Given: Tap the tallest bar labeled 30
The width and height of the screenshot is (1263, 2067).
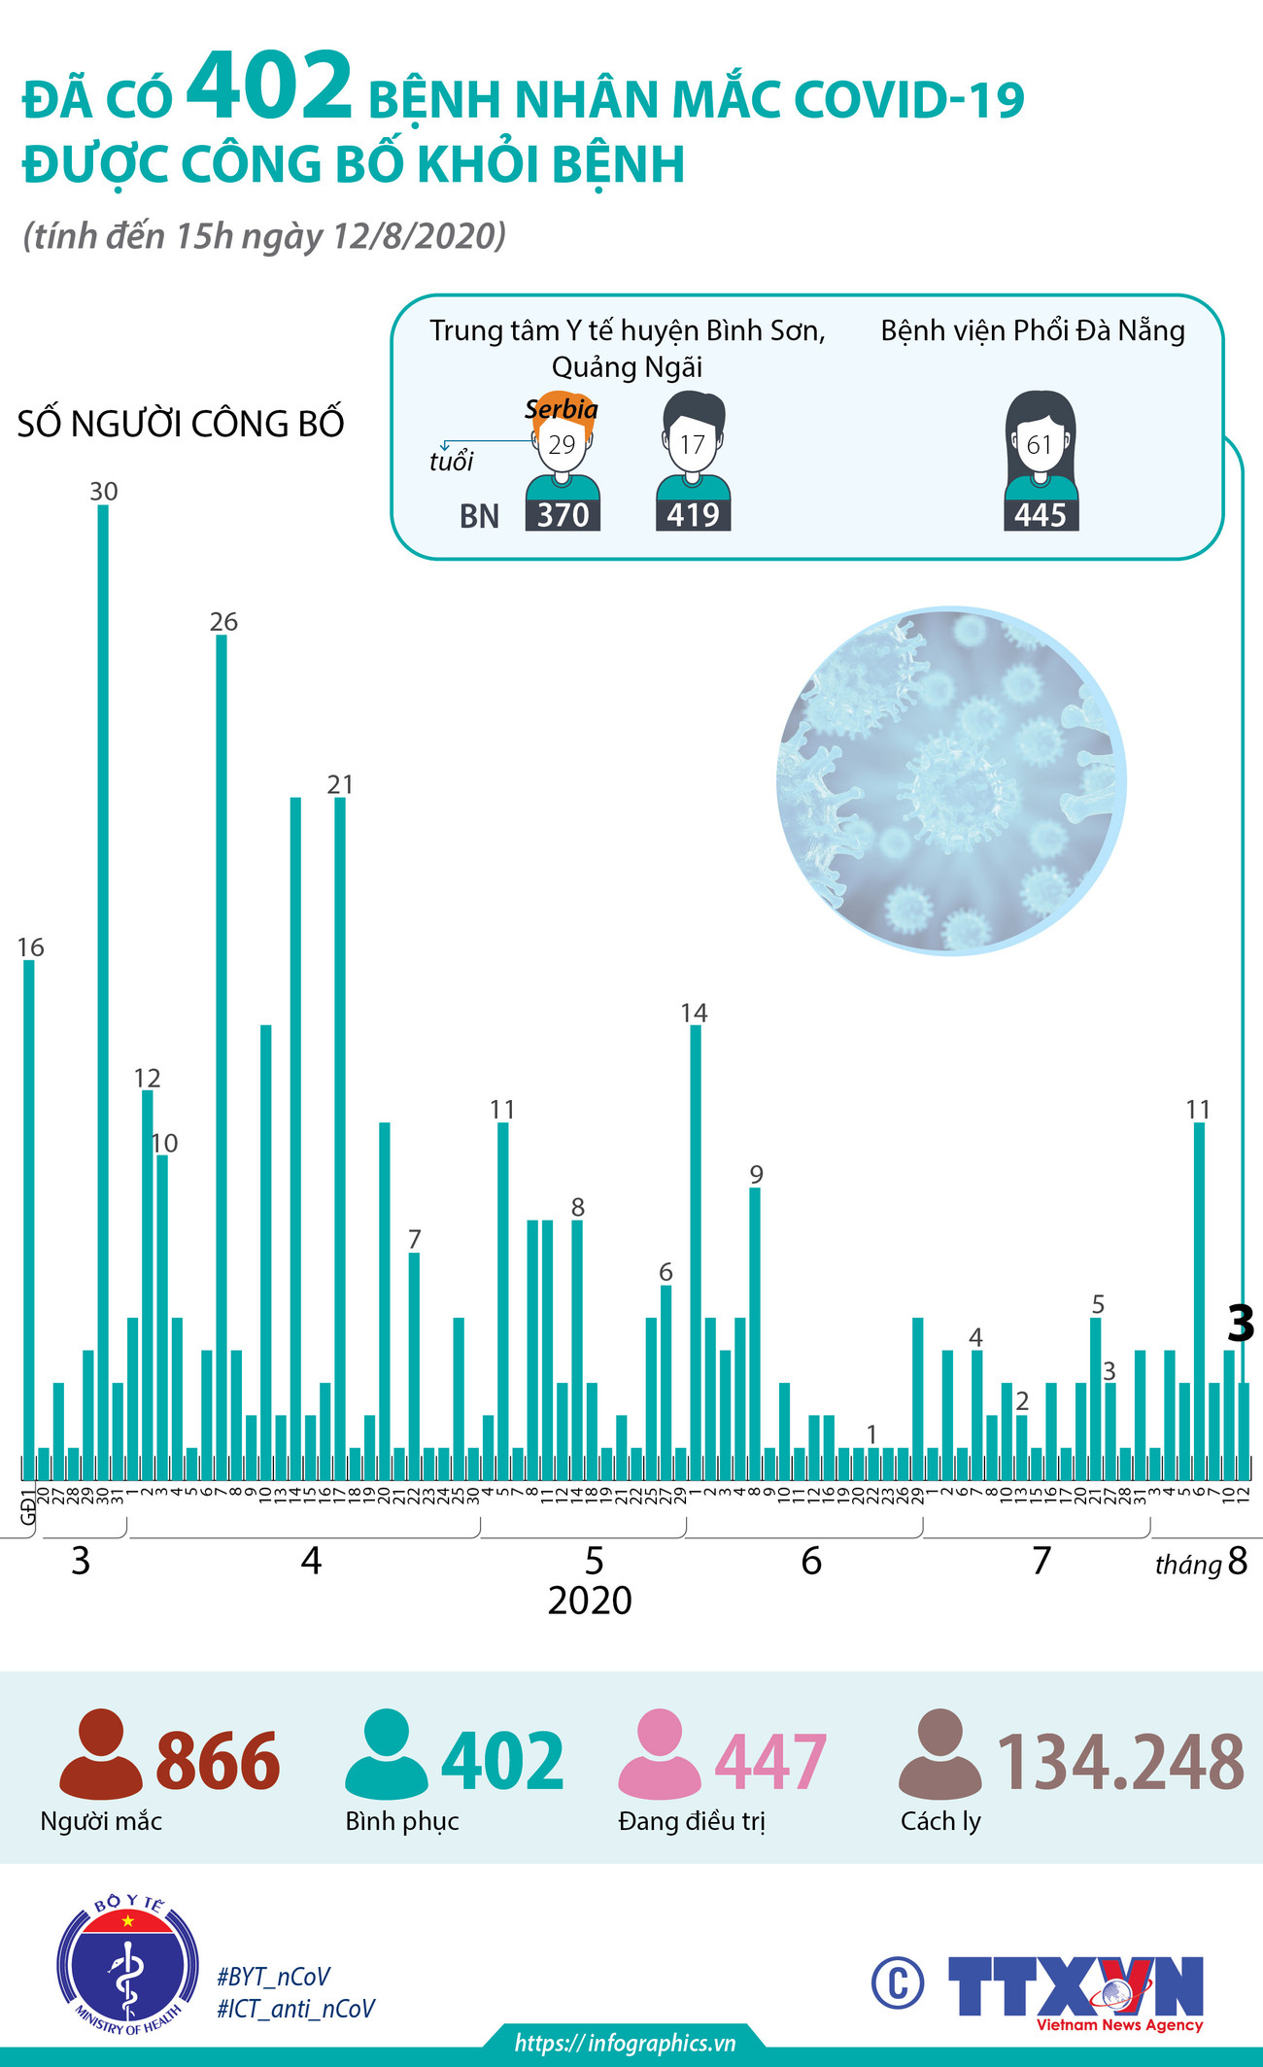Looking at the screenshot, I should [103, 972].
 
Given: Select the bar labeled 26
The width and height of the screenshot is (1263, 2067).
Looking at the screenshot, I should [222, 1050].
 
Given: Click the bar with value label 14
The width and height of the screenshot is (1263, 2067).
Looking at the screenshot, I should [696, 1244].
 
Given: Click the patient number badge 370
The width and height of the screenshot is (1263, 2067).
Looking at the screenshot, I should [563, 515].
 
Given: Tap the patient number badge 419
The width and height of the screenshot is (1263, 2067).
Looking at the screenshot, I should [693, 515].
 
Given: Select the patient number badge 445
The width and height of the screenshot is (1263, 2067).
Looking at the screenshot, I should [1041, 515].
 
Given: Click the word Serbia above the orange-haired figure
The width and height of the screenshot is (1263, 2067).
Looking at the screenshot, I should [562, 409].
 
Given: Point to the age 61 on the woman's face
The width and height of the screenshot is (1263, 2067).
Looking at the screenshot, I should [1040, 445].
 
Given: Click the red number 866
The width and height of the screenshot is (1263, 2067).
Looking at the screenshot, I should [218, 1762].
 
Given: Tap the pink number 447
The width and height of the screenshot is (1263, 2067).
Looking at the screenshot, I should [770, 1762].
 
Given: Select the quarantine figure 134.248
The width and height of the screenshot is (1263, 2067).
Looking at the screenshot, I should [1120, 1762].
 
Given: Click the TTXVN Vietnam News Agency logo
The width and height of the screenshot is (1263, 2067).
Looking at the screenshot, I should [1076, 1991].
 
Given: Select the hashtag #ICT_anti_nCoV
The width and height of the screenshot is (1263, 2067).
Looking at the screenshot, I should [295, 2009].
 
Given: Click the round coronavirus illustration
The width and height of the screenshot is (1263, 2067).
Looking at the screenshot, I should [951, 781].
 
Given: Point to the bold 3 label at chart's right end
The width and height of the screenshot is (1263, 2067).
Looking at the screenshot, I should [1241, 1324].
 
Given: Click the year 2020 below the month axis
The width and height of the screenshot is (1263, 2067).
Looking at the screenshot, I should [590, 1600].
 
